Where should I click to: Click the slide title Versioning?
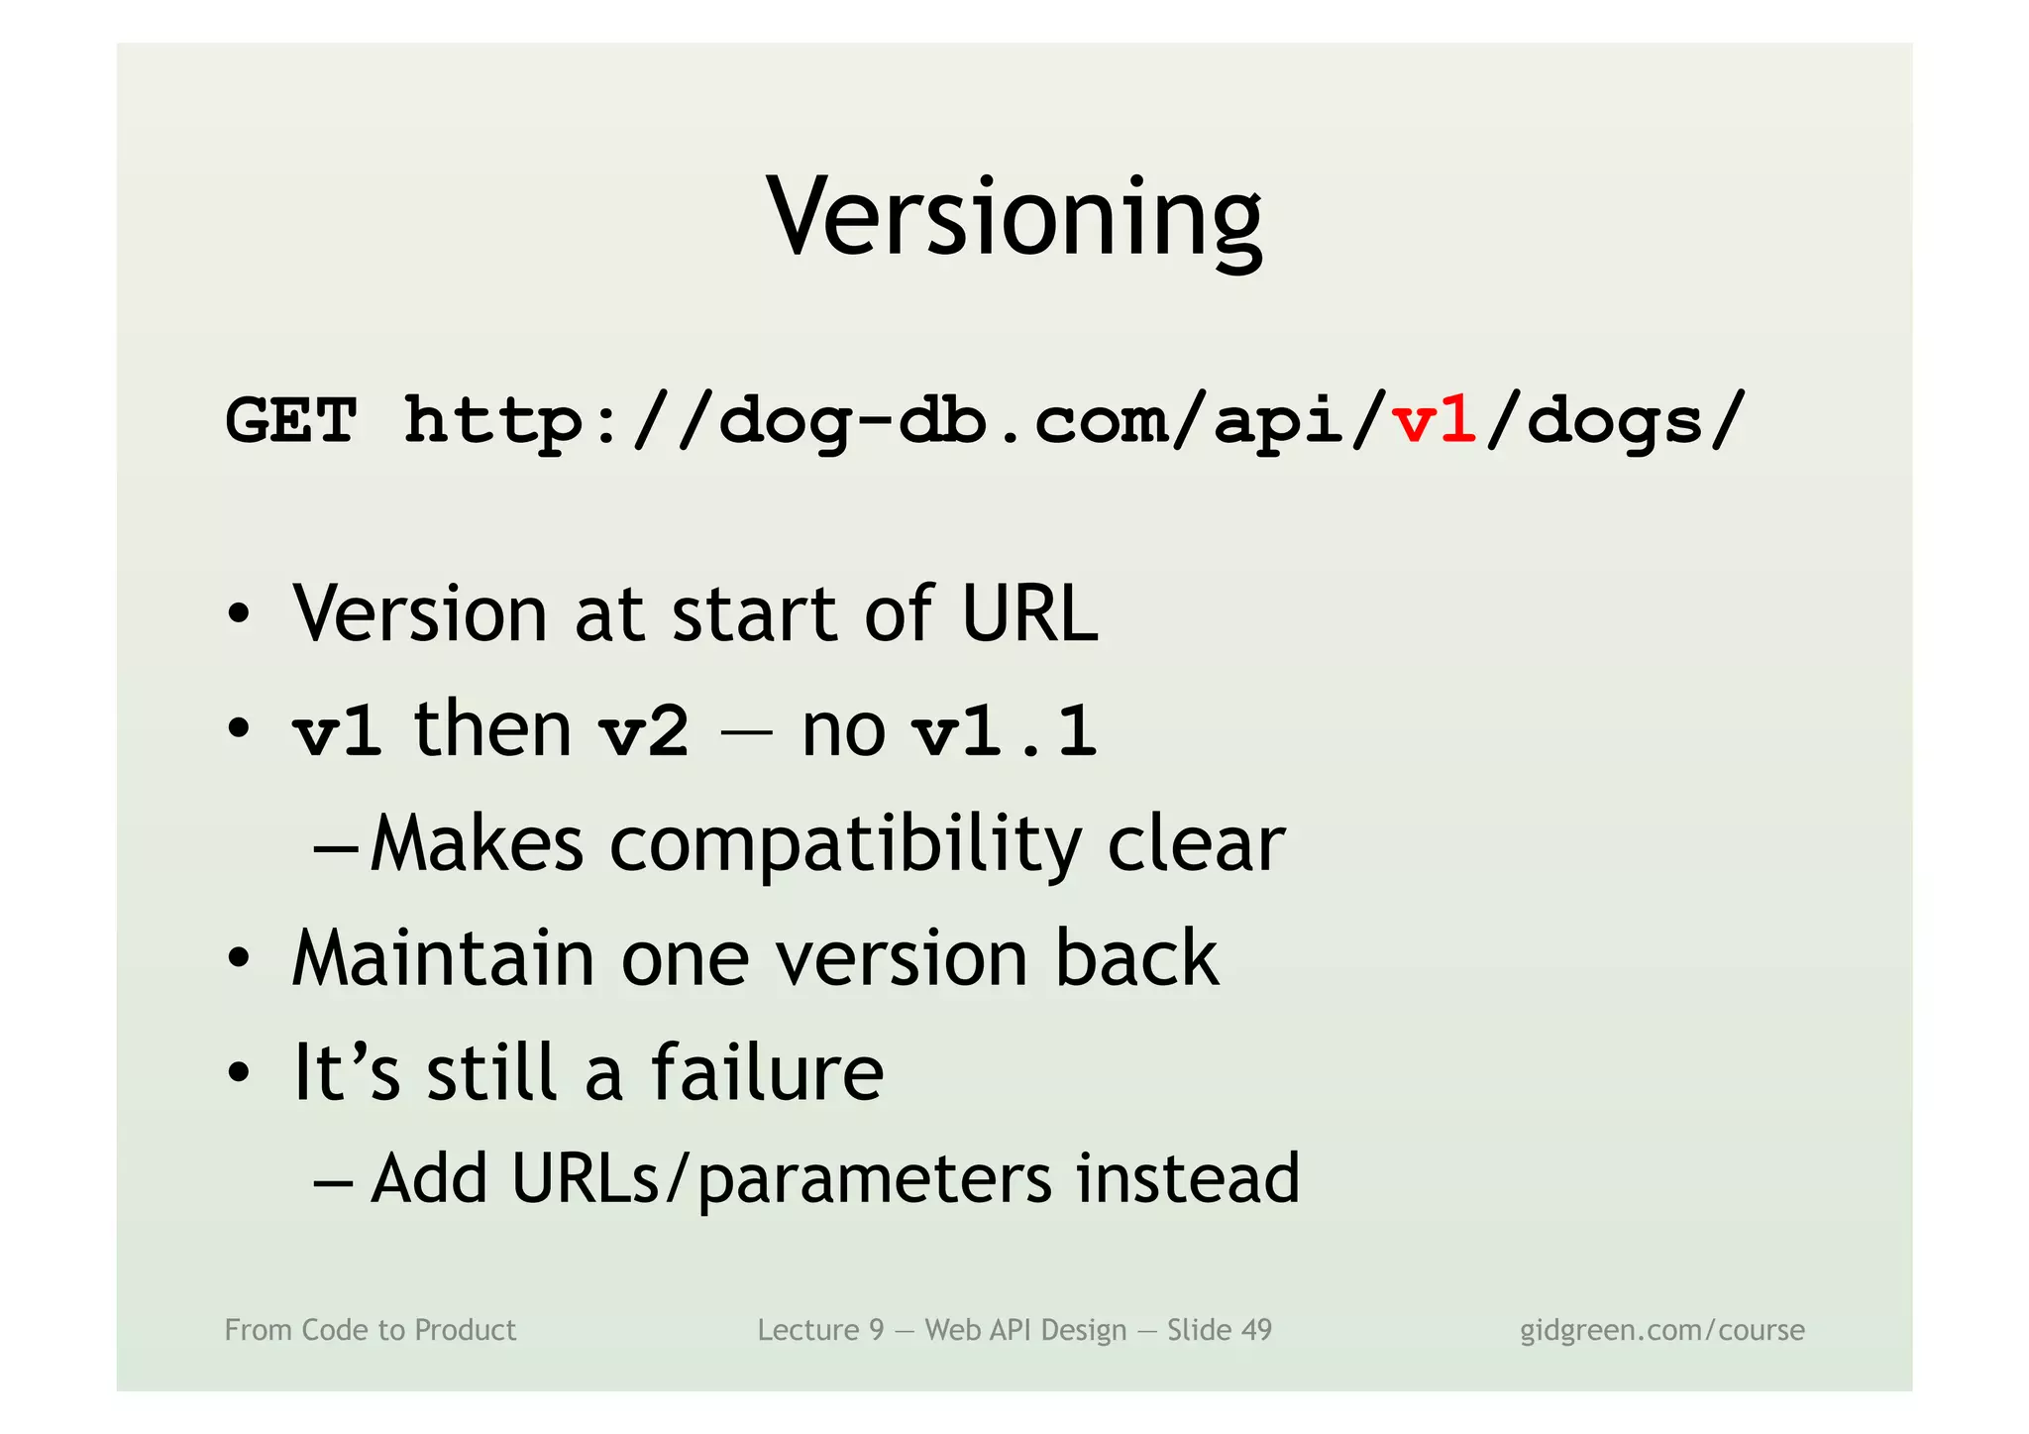pos(1014,217)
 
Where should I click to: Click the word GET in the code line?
pos(291,421)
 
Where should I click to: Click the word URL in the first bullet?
pos(1029,614)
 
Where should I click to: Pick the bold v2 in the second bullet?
pos(644,732)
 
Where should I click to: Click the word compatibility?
pos(844,846)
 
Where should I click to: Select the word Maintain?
pos(443,958)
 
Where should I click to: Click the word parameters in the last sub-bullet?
pos(875,1180)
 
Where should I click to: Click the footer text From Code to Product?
pos(371,1330)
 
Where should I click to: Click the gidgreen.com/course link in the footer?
pos(1661,1330)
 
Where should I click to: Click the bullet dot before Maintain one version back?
pos(238,959)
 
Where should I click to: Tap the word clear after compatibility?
pos(1196,844)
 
